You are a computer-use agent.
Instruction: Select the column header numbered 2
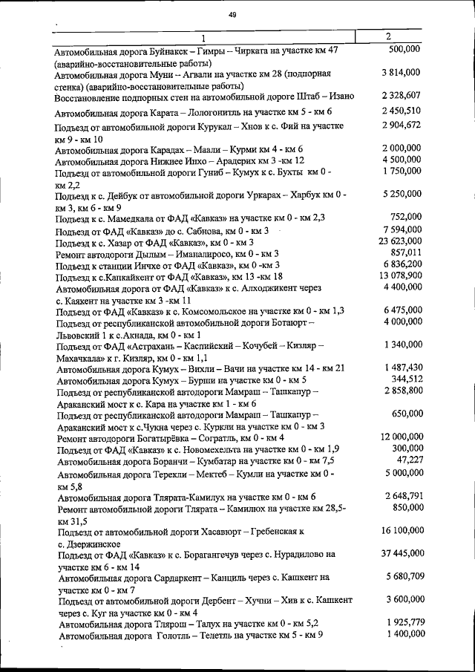[x=388, y=36]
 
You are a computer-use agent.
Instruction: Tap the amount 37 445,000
[x=400, y=553]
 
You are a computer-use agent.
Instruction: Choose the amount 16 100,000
[x=400, y=531]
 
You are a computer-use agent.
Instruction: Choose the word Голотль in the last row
[x=173, y=635]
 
